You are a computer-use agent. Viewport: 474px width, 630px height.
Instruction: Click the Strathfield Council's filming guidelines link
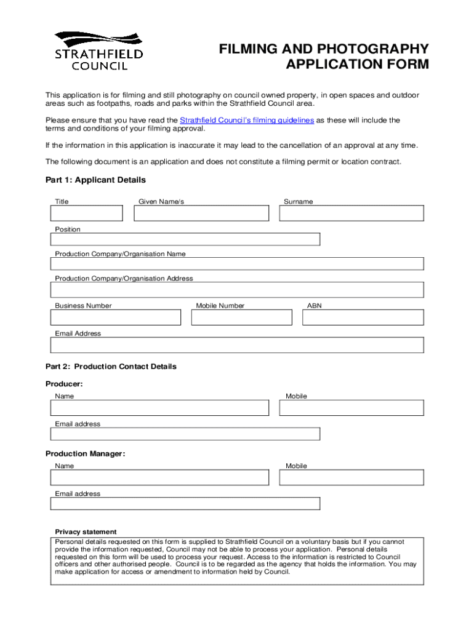[x=246, y=121]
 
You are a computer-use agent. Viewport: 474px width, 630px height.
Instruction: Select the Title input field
[x=87, y=213]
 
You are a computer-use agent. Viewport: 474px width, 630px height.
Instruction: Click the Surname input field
[x=351, y=213]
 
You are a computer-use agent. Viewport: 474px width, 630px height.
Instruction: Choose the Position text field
[x=185, y=239]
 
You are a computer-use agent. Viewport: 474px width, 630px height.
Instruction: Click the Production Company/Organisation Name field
[x=237, y=264]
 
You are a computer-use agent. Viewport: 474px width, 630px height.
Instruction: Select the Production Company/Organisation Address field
[x=237, y=290]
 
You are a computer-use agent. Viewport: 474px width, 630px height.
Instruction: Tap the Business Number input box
[x=116, y=317]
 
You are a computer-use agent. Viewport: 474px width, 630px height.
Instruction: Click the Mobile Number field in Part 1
[x=241, y=317]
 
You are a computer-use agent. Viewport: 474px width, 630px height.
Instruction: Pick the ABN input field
[x=363, y=317]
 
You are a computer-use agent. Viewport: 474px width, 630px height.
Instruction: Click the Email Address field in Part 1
[x=237, y=345]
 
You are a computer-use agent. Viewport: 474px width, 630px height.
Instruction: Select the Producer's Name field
[x=160, y=408]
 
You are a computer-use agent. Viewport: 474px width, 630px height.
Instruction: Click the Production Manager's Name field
[x=160, y=477]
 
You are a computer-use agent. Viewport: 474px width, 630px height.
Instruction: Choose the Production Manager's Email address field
[x=185, y=503]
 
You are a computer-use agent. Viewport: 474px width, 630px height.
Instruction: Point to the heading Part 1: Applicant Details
[x=95, y=180]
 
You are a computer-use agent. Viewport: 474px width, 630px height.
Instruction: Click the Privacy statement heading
[x=86, y=532]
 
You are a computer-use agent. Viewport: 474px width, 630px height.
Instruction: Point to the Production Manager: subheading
[x=86, y=454]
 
